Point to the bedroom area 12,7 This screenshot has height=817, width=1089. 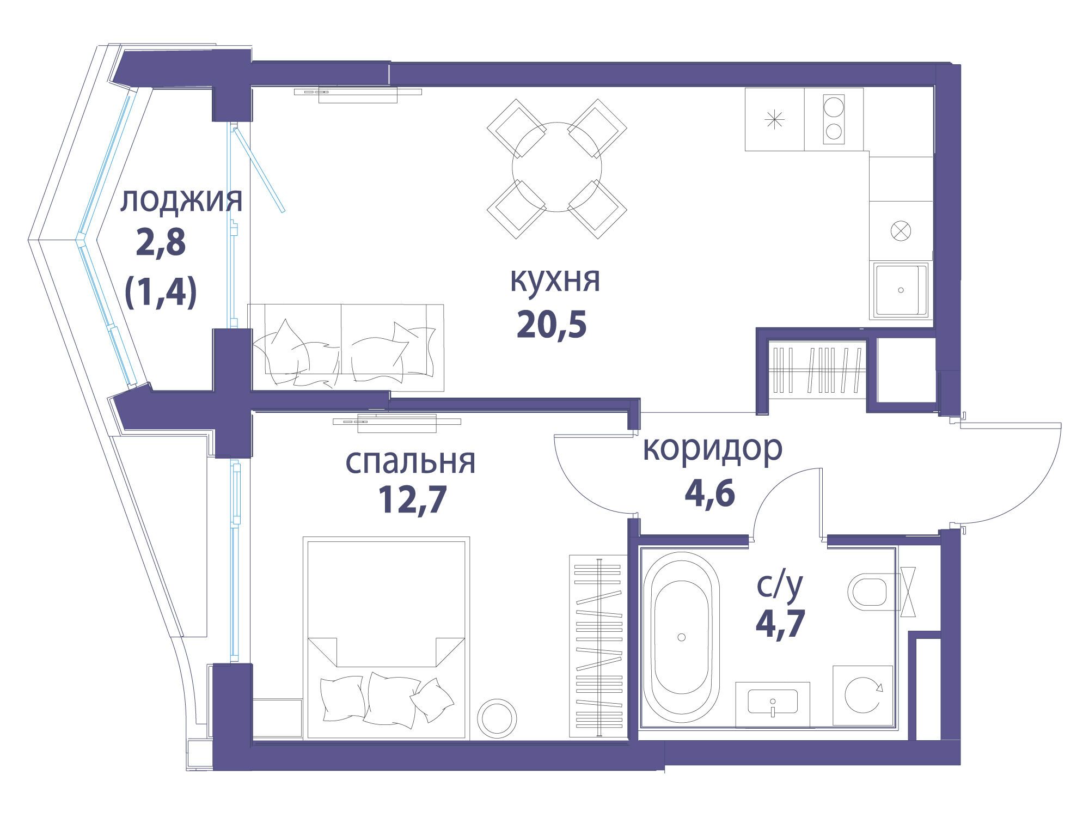(412, 500)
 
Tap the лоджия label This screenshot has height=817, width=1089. (181, 202)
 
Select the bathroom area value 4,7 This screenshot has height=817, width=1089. (780, 624)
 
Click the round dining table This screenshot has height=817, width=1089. (557, 167)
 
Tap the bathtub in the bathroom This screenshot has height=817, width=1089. (681, 637)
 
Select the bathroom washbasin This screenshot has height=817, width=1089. (772, 703)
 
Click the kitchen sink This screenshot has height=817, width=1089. (901, 290)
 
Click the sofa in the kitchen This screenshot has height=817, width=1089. (346, 347)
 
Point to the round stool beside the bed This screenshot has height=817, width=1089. (497, 718)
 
